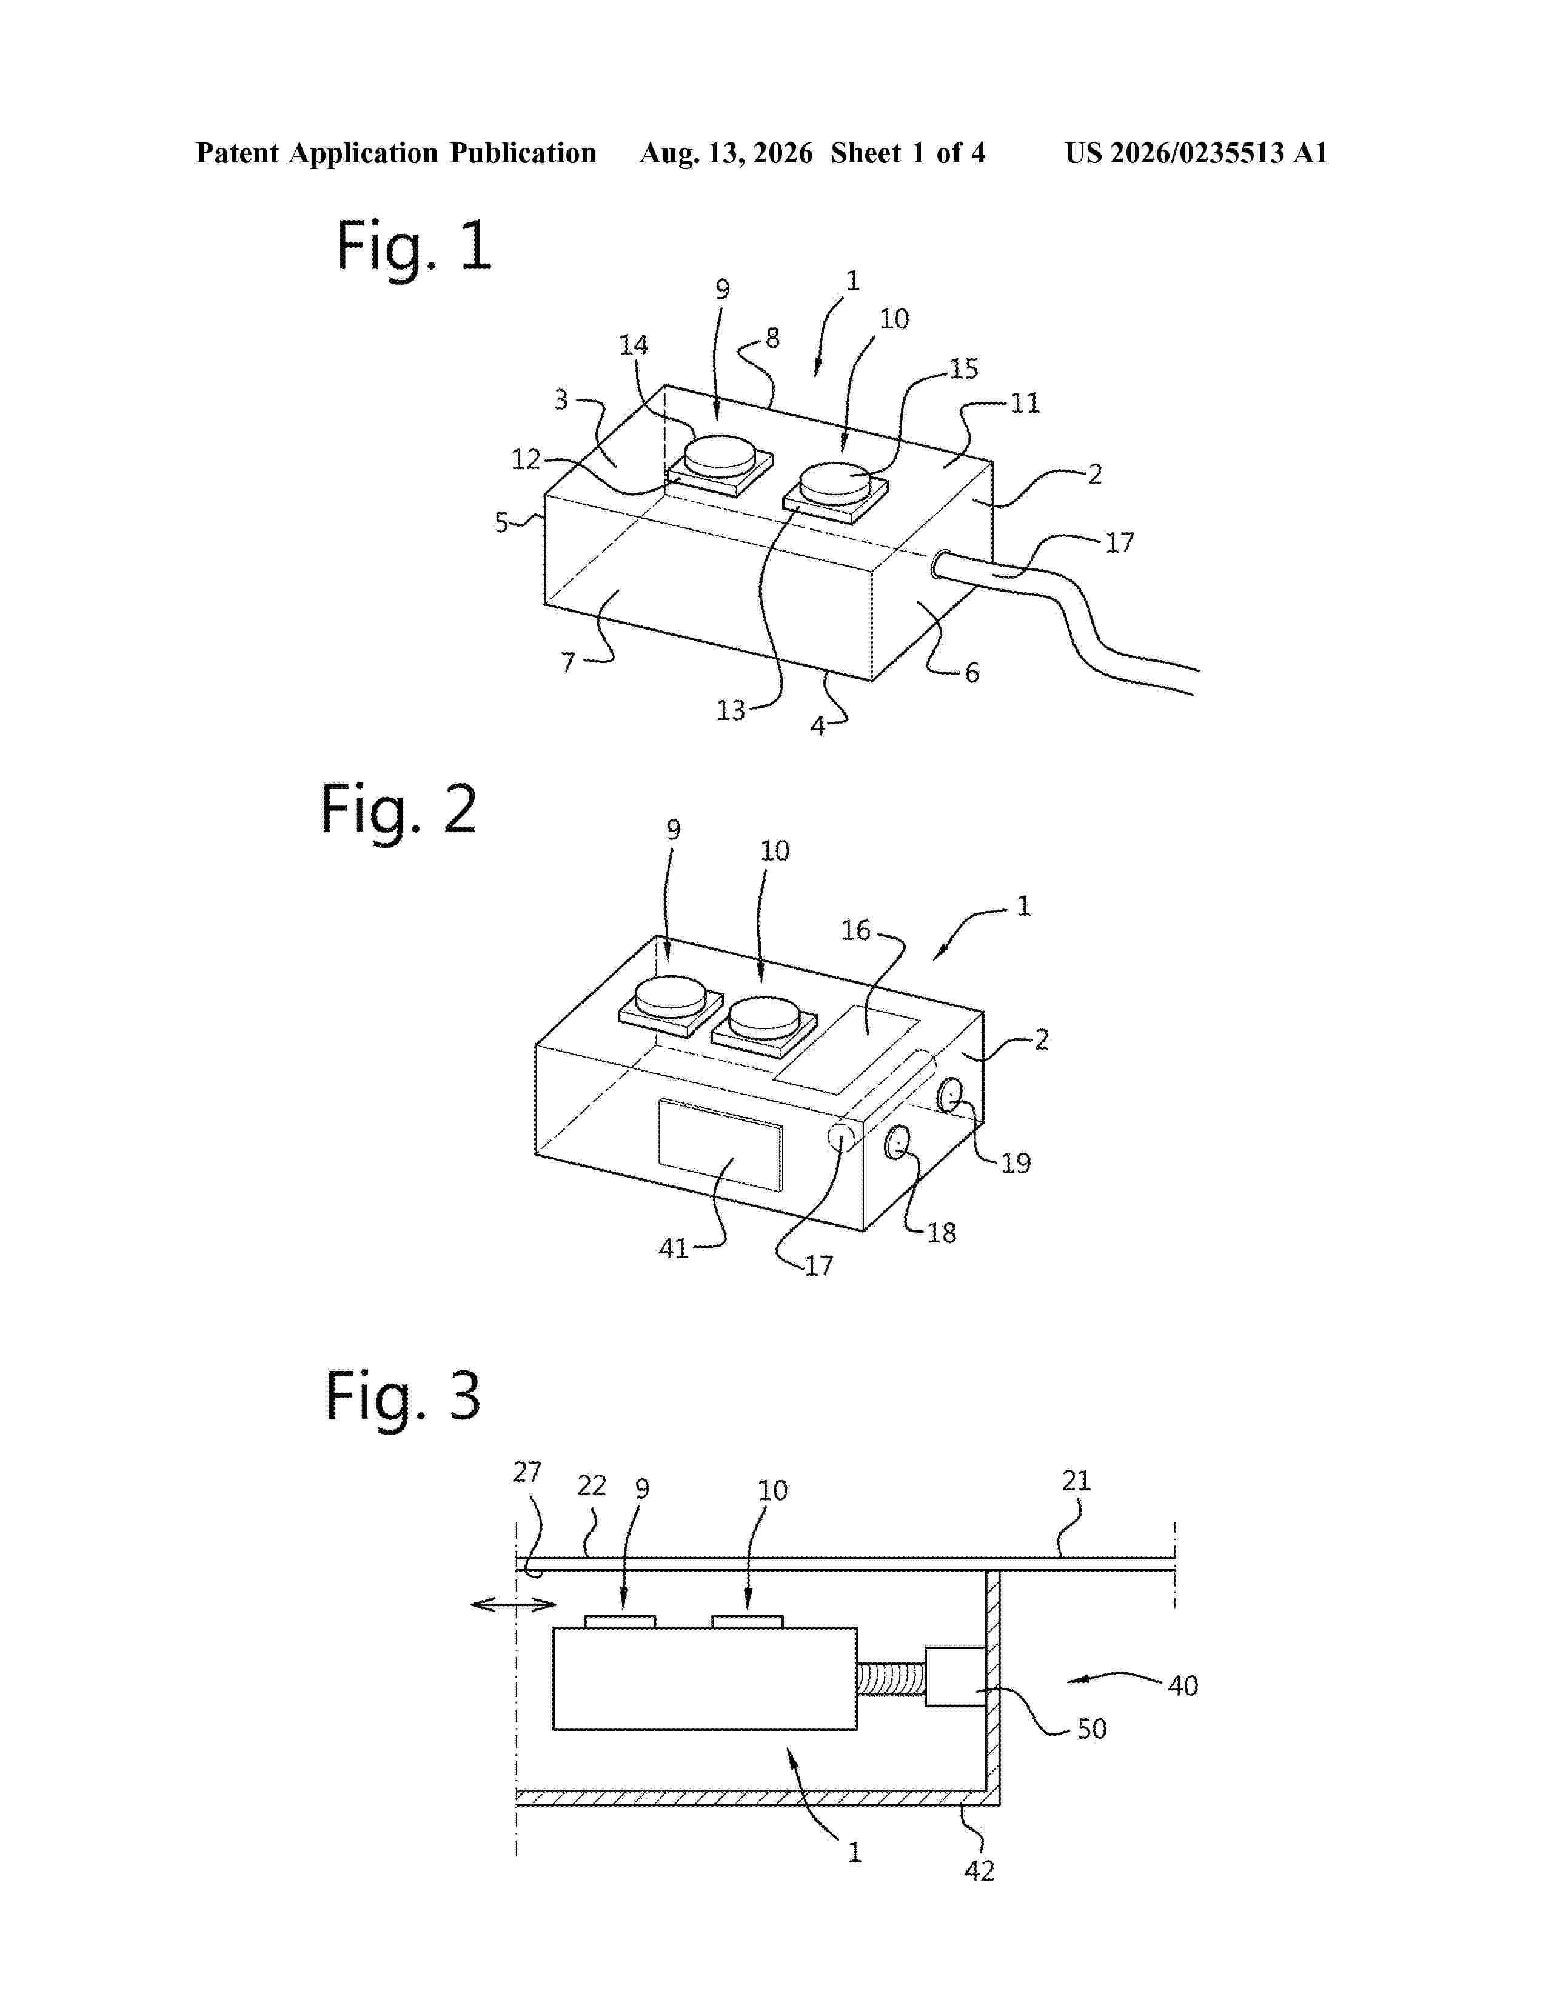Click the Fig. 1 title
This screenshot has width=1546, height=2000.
coord(414,245)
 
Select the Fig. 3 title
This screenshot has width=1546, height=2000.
coord(403,1396)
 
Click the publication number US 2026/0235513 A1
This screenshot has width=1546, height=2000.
coord(1196,153)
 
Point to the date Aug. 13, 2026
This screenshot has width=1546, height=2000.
coord(725,153)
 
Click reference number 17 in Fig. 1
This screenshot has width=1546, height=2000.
coord(1119,543)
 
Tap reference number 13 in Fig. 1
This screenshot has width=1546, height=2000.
coord(730,711)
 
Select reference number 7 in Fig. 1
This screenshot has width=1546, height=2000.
coord(568,661)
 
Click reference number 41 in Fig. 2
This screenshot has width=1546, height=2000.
coord(673,1248)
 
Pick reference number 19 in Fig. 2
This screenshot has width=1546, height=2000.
coord(1016,1163)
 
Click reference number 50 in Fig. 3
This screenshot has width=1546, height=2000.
coord(1092,1729)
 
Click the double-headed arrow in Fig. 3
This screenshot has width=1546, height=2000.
coord(513,1604)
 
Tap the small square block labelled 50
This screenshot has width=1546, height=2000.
coord(955,1677)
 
